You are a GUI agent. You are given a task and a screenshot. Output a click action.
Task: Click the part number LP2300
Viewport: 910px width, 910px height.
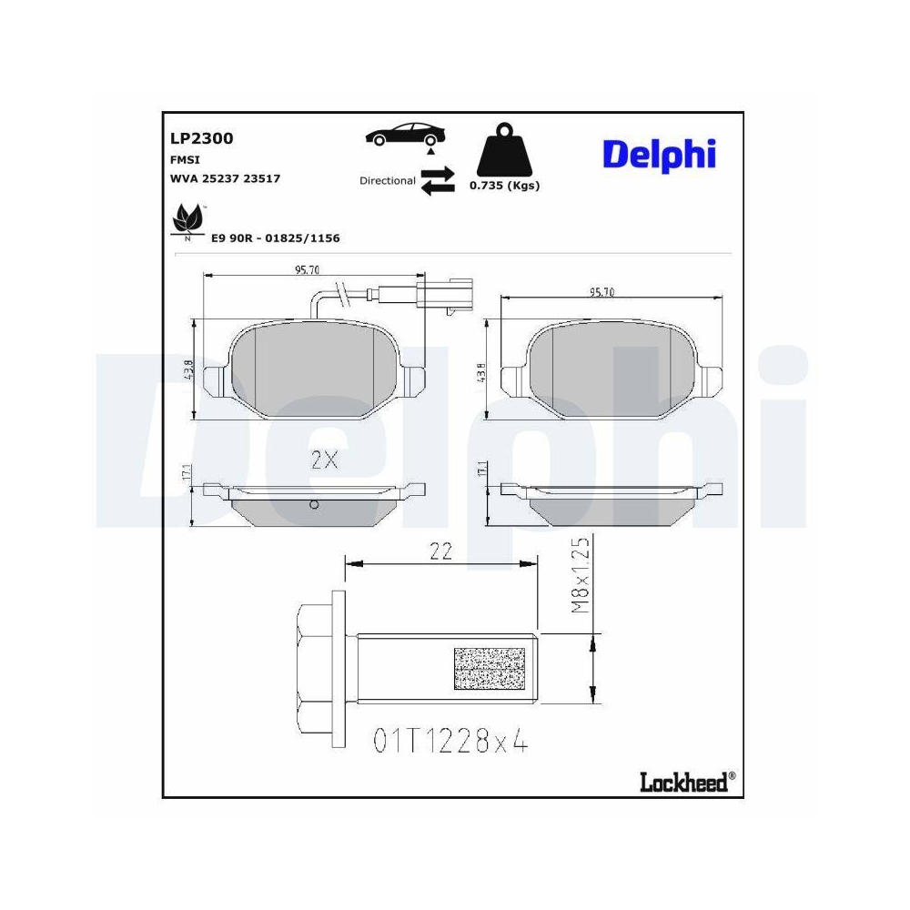(x=202, y=138)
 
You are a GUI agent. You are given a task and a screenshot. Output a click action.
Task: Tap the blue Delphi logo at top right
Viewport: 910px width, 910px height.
(x=659, y=155)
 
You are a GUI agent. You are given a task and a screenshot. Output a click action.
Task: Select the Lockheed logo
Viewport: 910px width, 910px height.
(x=685, y=781)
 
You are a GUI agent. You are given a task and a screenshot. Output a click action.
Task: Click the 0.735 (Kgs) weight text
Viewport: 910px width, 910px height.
(x=504, y=186)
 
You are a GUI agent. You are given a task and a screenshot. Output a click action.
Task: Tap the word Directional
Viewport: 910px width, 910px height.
(x=388, y=181)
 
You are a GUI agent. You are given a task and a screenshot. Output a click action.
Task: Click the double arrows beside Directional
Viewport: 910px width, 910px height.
(x=438, y=178)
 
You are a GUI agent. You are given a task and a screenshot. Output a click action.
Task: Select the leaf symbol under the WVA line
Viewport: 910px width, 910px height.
(x=187, y=219)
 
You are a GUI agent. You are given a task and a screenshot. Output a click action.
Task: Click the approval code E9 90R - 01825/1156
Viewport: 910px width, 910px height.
(x=275, y=238)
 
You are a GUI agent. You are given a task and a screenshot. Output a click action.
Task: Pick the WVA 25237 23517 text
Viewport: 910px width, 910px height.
(x=225, y=178)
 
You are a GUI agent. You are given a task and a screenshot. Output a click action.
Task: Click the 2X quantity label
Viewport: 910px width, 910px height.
(x=324, y=460)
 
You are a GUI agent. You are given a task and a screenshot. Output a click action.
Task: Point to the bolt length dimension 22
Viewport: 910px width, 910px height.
(x=441, y=551)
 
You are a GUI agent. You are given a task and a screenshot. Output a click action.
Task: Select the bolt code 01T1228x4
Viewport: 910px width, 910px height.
(x=450, y=742)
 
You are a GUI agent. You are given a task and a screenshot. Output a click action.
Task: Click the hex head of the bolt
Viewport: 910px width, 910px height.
(x=316, y=668)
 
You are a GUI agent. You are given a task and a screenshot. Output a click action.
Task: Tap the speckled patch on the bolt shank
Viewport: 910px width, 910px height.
(x=490, y=668)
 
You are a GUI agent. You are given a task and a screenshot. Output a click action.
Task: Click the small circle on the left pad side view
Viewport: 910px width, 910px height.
(x=314, y=505)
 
